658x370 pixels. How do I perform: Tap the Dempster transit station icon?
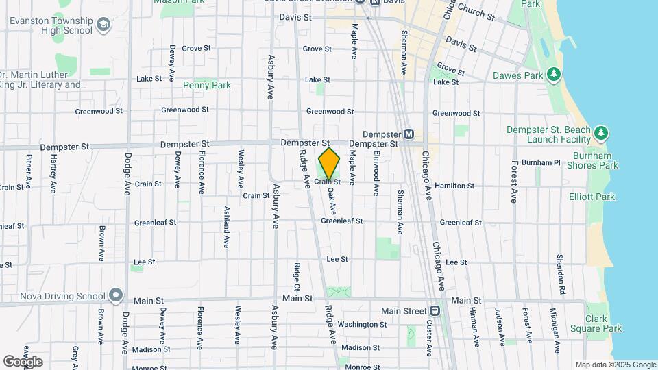409,134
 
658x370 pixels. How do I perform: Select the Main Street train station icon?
435,310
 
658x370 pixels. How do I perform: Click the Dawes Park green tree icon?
553,74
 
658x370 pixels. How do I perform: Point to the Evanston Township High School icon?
103,26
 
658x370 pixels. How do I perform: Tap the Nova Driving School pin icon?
116,296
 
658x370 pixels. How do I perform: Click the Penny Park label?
206,86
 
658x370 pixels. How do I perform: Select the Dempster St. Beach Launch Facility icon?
600,132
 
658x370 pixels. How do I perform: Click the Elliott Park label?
592,197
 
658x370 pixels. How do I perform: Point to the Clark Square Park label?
604,323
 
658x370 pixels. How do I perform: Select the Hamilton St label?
454,186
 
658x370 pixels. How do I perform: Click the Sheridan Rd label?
560,270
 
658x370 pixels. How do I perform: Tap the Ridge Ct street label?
297,274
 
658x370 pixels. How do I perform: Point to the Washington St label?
363,324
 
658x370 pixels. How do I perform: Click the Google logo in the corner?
23,362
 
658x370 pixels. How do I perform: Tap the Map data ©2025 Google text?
616,365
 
